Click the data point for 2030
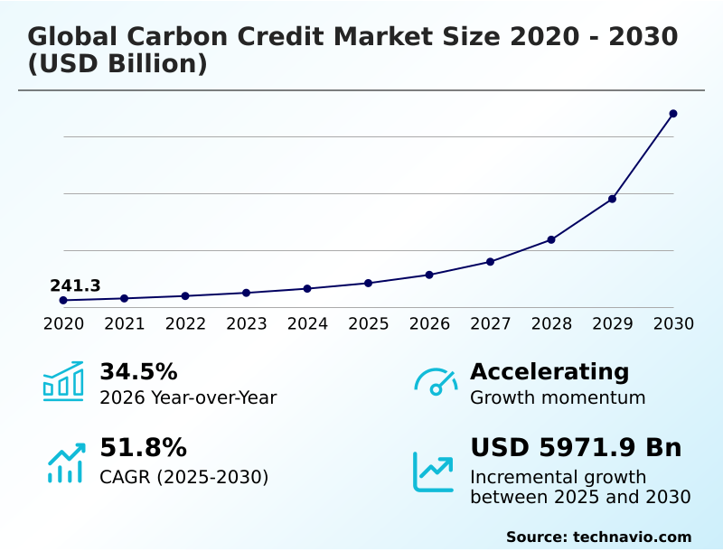pyautogui.click(x=673, y=114)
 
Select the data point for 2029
pyautogui.click(x=612, y=199)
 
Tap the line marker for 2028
pyautogui.click(x=551, y=239)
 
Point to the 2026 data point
pyautogui.click(x=429, y=275)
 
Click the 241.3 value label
pyautogui.click(x=75, y=286)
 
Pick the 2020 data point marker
pyautogui.click(x=63, y=300)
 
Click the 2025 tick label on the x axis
pyautogui.click(x=369, y=323)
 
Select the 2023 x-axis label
pyautogui.click(x=247, y=323)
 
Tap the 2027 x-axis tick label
pyautogui.click(x=491, y=323)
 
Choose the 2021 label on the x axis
pyautogui.click(x=125, y=323)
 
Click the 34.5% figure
pyautogui.click(x=138, y=372)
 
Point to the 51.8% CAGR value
pyautogui.click(x=143, y=448)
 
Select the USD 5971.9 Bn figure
pyautogui.click(x=576, y=448)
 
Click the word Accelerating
pyautogui.click(x=549, y=372)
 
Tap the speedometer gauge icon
pyautogui.click(x=436, y=382)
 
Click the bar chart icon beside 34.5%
pyautogui.click(x=63, y=381)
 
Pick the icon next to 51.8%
pyautogui.click(x=65, y=462)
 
